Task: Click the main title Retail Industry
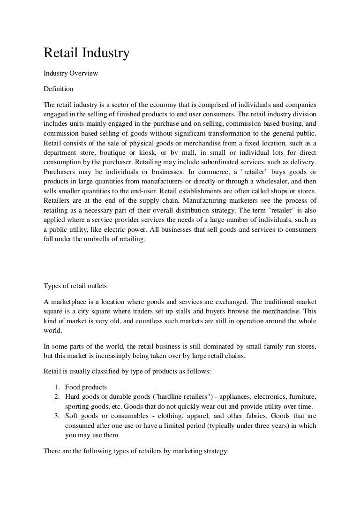click(x=86, y=54)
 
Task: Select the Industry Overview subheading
click(x=71, y=74)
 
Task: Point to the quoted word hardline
click(x=152, y=397)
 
